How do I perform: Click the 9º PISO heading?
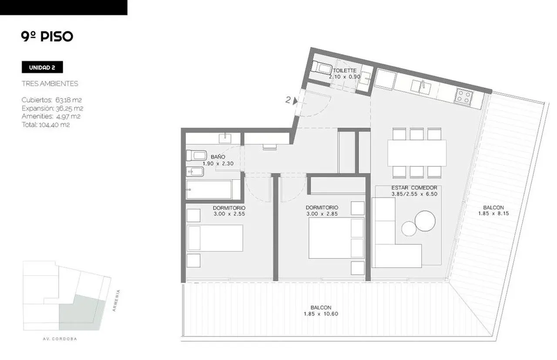[47, 37]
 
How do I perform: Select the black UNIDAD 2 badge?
[42, 67]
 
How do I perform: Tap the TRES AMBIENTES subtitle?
[50, 84]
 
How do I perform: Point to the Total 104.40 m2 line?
[46, 124]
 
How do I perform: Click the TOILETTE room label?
[345, 71]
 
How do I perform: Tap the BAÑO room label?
[218, 157]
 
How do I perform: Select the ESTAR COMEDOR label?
[414, 188]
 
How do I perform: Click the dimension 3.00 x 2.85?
[322, 214]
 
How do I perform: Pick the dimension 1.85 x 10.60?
[321, 314]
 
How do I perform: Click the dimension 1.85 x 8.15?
[493, 213]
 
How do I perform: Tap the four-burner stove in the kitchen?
[463, 97]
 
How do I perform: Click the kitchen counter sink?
[420, 87]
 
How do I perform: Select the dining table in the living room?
[417, 153]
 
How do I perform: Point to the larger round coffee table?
[425, 221]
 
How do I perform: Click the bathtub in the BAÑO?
[209, 190]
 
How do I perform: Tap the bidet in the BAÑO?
[195, 172]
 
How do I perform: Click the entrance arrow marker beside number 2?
[295, 101]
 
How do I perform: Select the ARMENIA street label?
[116, 300]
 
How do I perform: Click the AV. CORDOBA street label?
[60, 339]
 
